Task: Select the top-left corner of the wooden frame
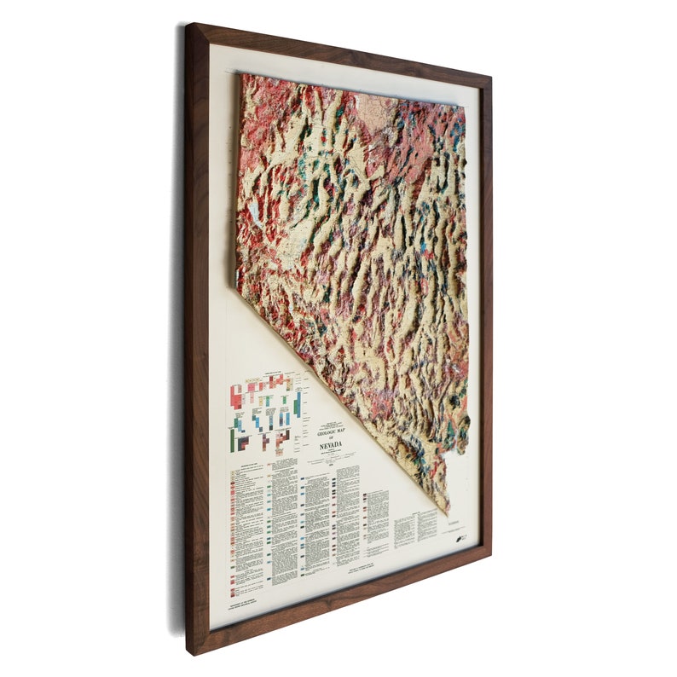tap(189, 26)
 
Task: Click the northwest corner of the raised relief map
tap(241, 75)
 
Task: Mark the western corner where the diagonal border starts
tap(238, 287)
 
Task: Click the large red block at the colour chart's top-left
tap(237, 393)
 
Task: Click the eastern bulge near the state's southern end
tap(466, 420)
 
